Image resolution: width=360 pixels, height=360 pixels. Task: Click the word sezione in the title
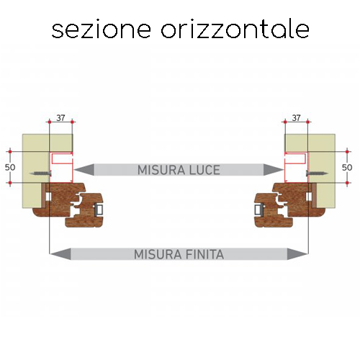pos(101,30)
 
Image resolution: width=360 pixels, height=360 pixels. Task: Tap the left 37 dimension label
pos(60,118)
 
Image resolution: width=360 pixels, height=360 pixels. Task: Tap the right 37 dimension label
pos(296,118)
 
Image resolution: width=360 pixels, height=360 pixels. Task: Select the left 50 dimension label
pos(10,167)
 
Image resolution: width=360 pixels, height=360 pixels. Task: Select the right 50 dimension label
pos(347,167)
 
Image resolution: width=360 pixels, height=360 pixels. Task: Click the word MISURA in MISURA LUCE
pos(161,170)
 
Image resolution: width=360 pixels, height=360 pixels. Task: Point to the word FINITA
pos(204,254)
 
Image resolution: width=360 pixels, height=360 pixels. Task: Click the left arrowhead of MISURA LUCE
pos(84,170)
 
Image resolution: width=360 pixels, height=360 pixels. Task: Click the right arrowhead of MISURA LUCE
pos(274,170)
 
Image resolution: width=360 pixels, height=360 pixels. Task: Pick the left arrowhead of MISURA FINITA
pos(60,254)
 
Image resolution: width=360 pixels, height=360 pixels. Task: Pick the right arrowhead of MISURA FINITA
pos(297,254)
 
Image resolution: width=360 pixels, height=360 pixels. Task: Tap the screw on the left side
pos(40,173)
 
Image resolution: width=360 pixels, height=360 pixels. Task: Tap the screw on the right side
pos(317,173)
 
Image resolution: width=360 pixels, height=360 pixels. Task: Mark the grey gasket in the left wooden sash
pos(99,210)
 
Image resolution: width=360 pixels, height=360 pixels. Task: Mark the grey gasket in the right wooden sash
pos(258,210)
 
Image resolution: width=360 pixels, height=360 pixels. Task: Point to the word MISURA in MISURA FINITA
pos(158,254)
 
